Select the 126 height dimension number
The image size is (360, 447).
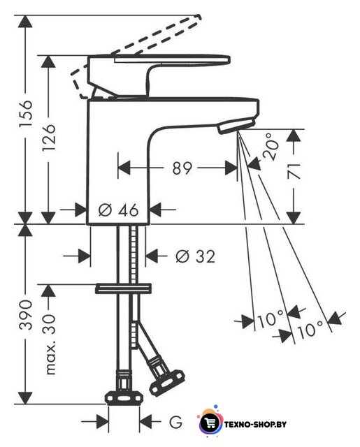point(48,138)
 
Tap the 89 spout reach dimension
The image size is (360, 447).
point(182,168)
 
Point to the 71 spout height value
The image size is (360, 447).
point(294,171)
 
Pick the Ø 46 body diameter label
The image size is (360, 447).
point(118,210)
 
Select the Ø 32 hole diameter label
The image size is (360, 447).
point(196,256)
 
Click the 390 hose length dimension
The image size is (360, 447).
point(26,315)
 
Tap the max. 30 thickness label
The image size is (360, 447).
point(50,344)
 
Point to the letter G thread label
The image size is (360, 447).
point(175,422)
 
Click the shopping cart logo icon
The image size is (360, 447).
point(210,423)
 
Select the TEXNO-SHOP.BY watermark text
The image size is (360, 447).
point(255,425)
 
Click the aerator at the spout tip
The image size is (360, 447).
point(236,126)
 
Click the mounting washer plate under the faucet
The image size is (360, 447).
point(123,288)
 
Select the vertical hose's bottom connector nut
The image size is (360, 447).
point(124,398)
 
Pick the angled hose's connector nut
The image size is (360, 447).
point(166,382)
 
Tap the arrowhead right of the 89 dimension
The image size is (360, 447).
point(231,168)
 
